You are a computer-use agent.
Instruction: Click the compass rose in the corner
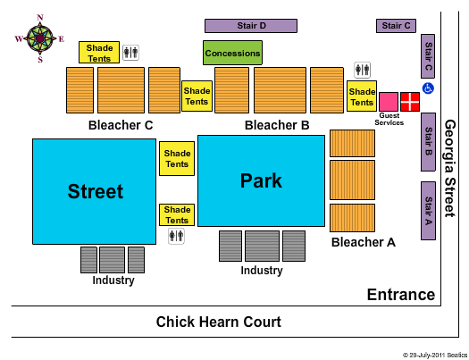pos(39,38)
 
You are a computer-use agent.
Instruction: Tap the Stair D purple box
pos(251,26)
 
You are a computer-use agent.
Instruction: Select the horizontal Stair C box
pos(396,26)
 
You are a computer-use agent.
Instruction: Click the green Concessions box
pos(232,53)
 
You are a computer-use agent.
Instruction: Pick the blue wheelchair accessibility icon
pos(428,88)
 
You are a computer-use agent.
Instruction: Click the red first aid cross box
pos(410,102)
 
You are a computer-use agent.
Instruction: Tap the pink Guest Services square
pos(389,102)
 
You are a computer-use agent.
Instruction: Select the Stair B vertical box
pos(428,142)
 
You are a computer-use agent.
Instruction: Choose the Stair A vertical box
pos(428,211)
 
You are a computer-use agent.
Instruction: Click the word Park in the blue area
pos(261,181)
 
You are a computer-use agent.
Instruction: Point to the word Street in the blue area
pos(96,191)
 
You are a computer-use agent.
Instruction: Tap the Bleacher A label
pos(364,242)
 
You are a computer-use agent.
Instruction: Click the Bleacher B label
pos(277,125)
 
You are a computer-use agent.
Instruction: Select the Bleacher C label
pos(121,125)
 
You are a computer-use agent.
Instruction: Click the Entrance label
pos(401,295)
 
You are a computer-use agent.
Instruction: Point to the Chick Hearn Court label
pos(218,322)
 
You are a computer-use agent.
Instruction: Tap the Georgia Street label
pos(450,168)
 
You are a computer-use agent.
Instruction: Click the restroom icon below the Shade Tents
pos(176,236)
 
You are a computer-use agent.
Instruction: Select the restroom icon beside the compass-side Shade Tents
pos(131,53)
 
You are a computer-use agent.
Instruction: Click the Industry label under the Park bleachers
pos(262,271)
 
